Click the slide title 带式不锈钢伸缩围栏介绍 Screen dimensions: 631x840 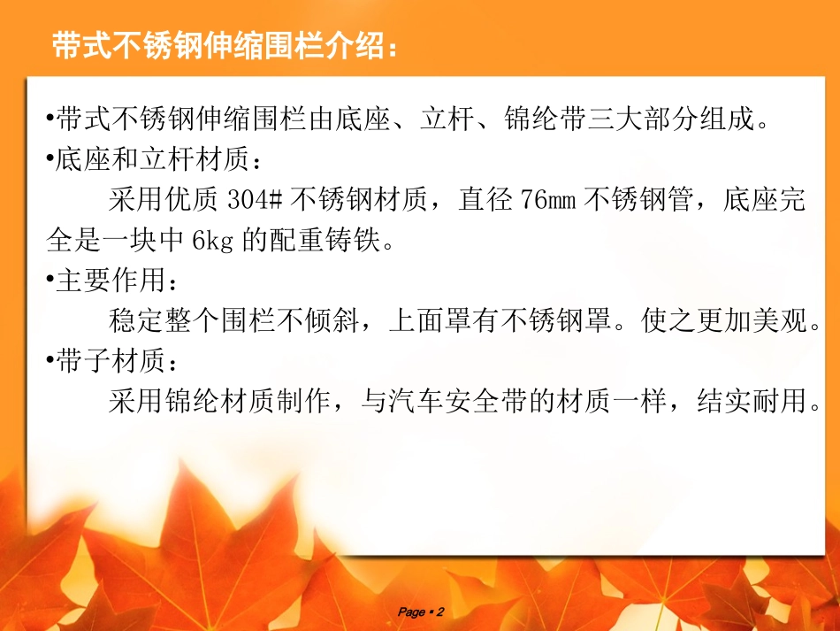coord(225,45)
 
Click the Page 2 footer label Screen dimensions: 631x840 coord(420,612)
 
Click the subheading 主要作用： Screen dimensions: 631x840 coord(115,281)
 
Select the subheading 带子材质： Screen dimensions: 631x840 coord(115,362)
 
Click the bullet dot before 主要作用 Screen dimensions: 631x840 coord(50,281)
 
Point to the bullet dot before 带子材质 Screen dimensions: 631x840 coord(50,362)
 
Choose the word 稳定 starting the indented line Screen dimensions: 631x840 coord(136,321)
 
